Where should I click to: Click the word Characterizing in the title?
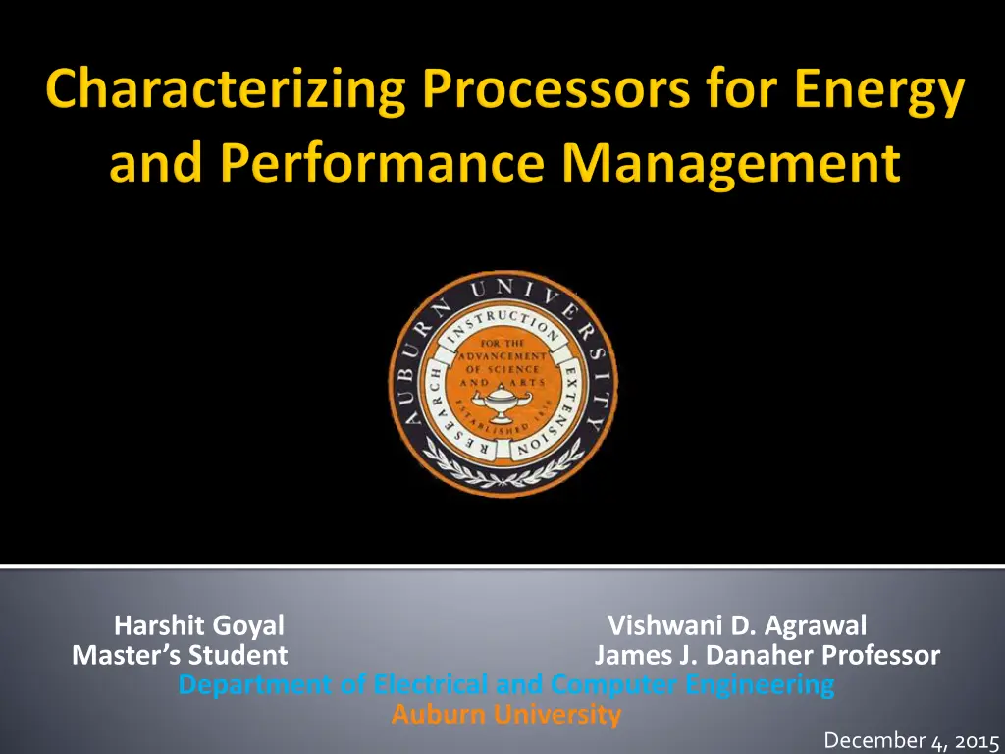pyautogui.click(x=226, y=89)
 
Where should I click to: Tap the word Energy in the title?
pyautogui.click(x=879, y=89)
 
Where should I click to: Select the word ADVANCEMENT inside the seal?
pyautogui.click(x=502, y=356)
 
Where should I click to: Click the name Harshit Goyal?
pyautogui.click(x=198, y=625)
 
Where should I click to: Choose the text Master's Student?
pyautogui.click(x=180, y=655)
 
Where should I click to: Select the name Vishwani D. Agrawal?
pyautogui.click(x=737, y=625)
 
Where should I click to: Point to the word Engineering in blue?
pyautogui.click(x=760, y=685)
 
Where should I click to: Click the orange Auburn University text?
pyautogui.click(x=506, y=714)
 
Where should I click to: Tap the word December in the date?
pyautogui.click(x=874, y=740)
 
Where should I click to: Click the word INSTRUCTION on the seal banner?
pyautogui.click(x=503, y=325)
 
